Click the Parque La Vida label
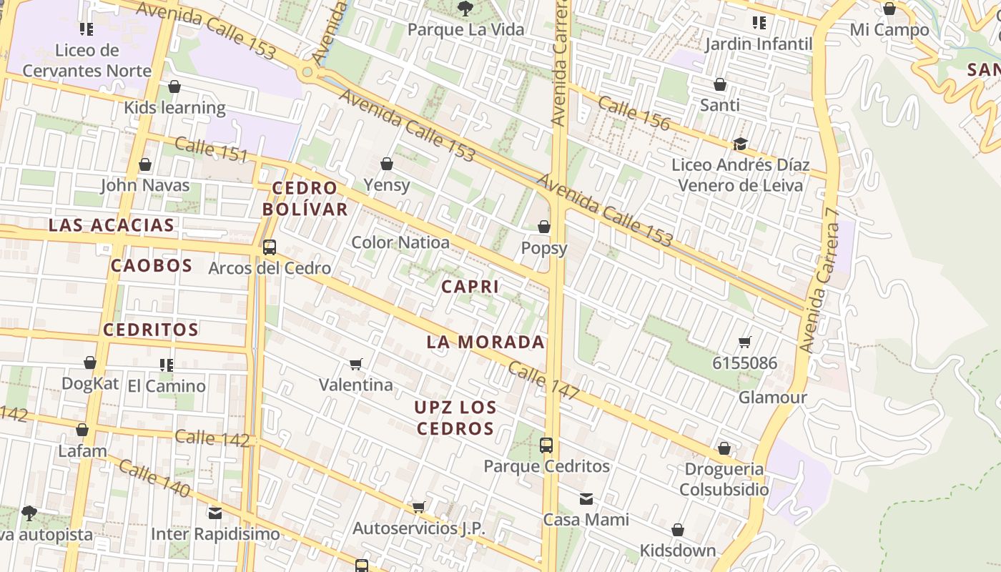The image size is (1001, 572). [x=465, y=30]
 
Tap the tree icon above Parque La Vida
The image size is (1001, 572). [x=465, y=9]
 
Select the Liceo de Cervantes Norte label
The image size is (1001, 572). [x=87, y=61]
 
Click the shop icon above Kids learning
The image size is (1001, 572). [x=174, y=87]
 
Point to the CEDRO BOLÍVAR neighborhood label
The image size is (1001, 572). [x=305, y=199]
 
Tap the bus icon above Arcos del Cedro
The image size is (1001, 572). [x=270, y=247]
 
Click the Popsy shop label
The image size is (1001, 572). [x=544, y=248]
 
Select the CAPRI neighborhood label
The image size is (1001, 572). [x=470, y=287]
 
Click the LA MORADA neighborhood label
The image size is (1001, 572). [x=485, y=342]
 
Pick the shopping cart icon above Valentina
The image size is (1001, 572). [x=356, y=365]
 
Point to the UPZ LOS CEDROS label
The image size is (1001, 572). [x=455, y=418]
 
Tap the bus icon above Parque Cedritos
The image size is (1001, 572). [x=546, y=445]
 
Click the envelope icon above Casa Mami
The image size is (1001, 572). [x=586, y=499]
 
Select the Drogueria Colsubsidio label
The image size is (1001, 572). [x=724, y=480]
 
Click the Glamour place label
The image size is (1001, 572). [x=772, y=398]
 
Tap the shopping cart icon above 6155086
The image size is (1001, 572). [x=745, y=342]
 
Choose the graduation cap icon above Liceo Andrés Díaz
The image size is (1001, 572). [x=740, y=144]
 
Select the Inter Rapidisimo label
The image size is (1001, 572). [x=215, y=534]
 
